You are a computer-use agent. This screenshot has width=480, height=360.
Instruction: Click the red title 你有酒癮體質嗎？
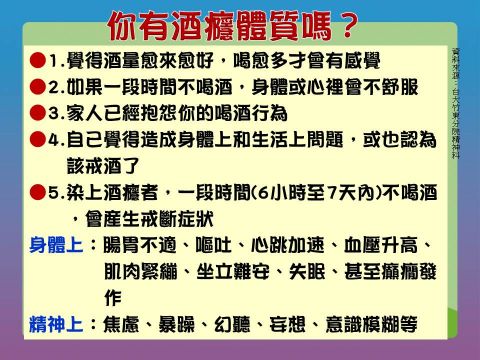pyautogui.click(x=233, y=26)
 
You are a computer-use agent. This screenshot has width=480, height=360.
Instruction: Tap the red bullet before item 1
pyautogui.click(x=37, y=60)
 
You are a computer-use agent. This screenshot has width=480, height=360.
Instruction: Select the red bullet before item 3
pyautogui.click(x=37, y=113)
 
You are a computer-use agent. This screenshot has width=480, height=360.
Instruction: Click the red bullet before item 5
pyautogui.click(x=37, y=192)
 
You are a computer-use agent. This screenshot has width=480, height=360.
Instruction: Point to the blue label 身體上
pyautogui.click(x=56, y=245)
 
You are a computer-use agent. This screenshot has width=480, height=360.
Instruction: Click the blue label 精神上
pyautogui.click(x=56, y=324)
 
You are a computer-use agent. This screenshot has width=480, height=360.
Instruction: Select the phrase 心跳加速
pyautogui.click(x=287, y=245)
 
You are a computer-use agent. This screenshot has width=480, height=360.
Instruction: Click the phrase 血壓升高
pyautogui.click(x=381, y=245)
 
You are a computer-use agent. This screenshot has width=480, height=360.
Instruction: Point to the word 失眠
pyautogui.click(x=307, y=271)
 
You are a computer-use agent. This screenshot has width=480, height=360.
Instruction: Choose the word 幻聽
pyautogui.click(x=232, y=324)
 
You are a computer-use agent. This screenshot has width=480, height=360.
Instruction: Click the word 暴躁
pyautogui.click(x=176, y=324)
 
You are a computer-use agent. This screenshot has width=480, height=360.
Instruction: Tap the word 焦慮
pyautogui.click(x=121, y=324)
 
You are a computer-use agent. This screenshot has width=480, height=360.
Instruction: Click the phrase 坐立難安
pyautogui.click(x=233, y=271)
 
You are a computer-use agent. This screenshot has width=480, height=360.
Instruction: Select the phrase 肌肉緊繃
pyautogui.click(x=140, y=271)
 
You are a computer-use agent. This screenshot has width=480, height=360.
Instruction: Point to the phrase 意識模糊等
pyautogui.click(x=371, y=324)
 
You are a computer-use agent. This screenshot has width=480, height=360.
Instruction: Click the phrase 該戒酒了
pyautogui.click(x=103, y=166)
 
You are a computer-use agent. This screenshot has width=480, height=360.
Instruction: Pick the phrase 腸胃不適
pyautogui.click(x=140, y=245)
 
